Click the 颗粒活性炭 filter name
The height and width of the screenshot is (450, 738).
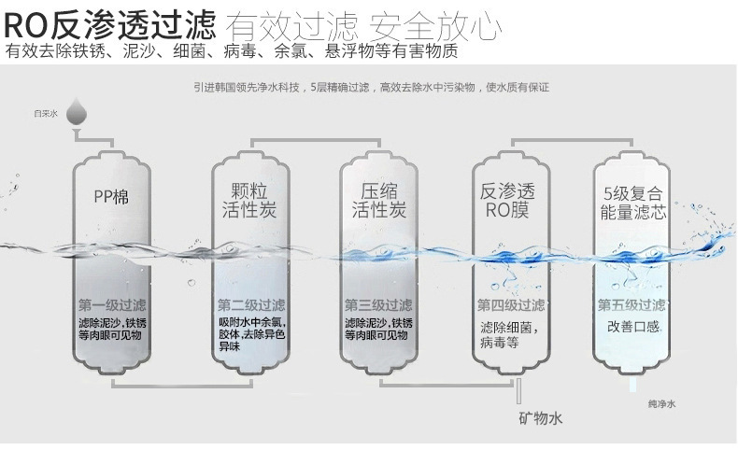(246, 199)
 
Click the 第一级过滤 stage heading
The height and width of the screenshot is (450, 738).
(112, 305)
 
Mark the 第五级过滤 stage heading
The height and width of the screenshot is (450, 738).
(632, 305)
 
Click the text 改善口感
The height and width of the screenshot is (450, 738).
(633, 326)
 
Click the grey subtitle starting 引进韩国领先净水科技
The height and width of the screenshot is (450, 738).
(371, 88)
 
